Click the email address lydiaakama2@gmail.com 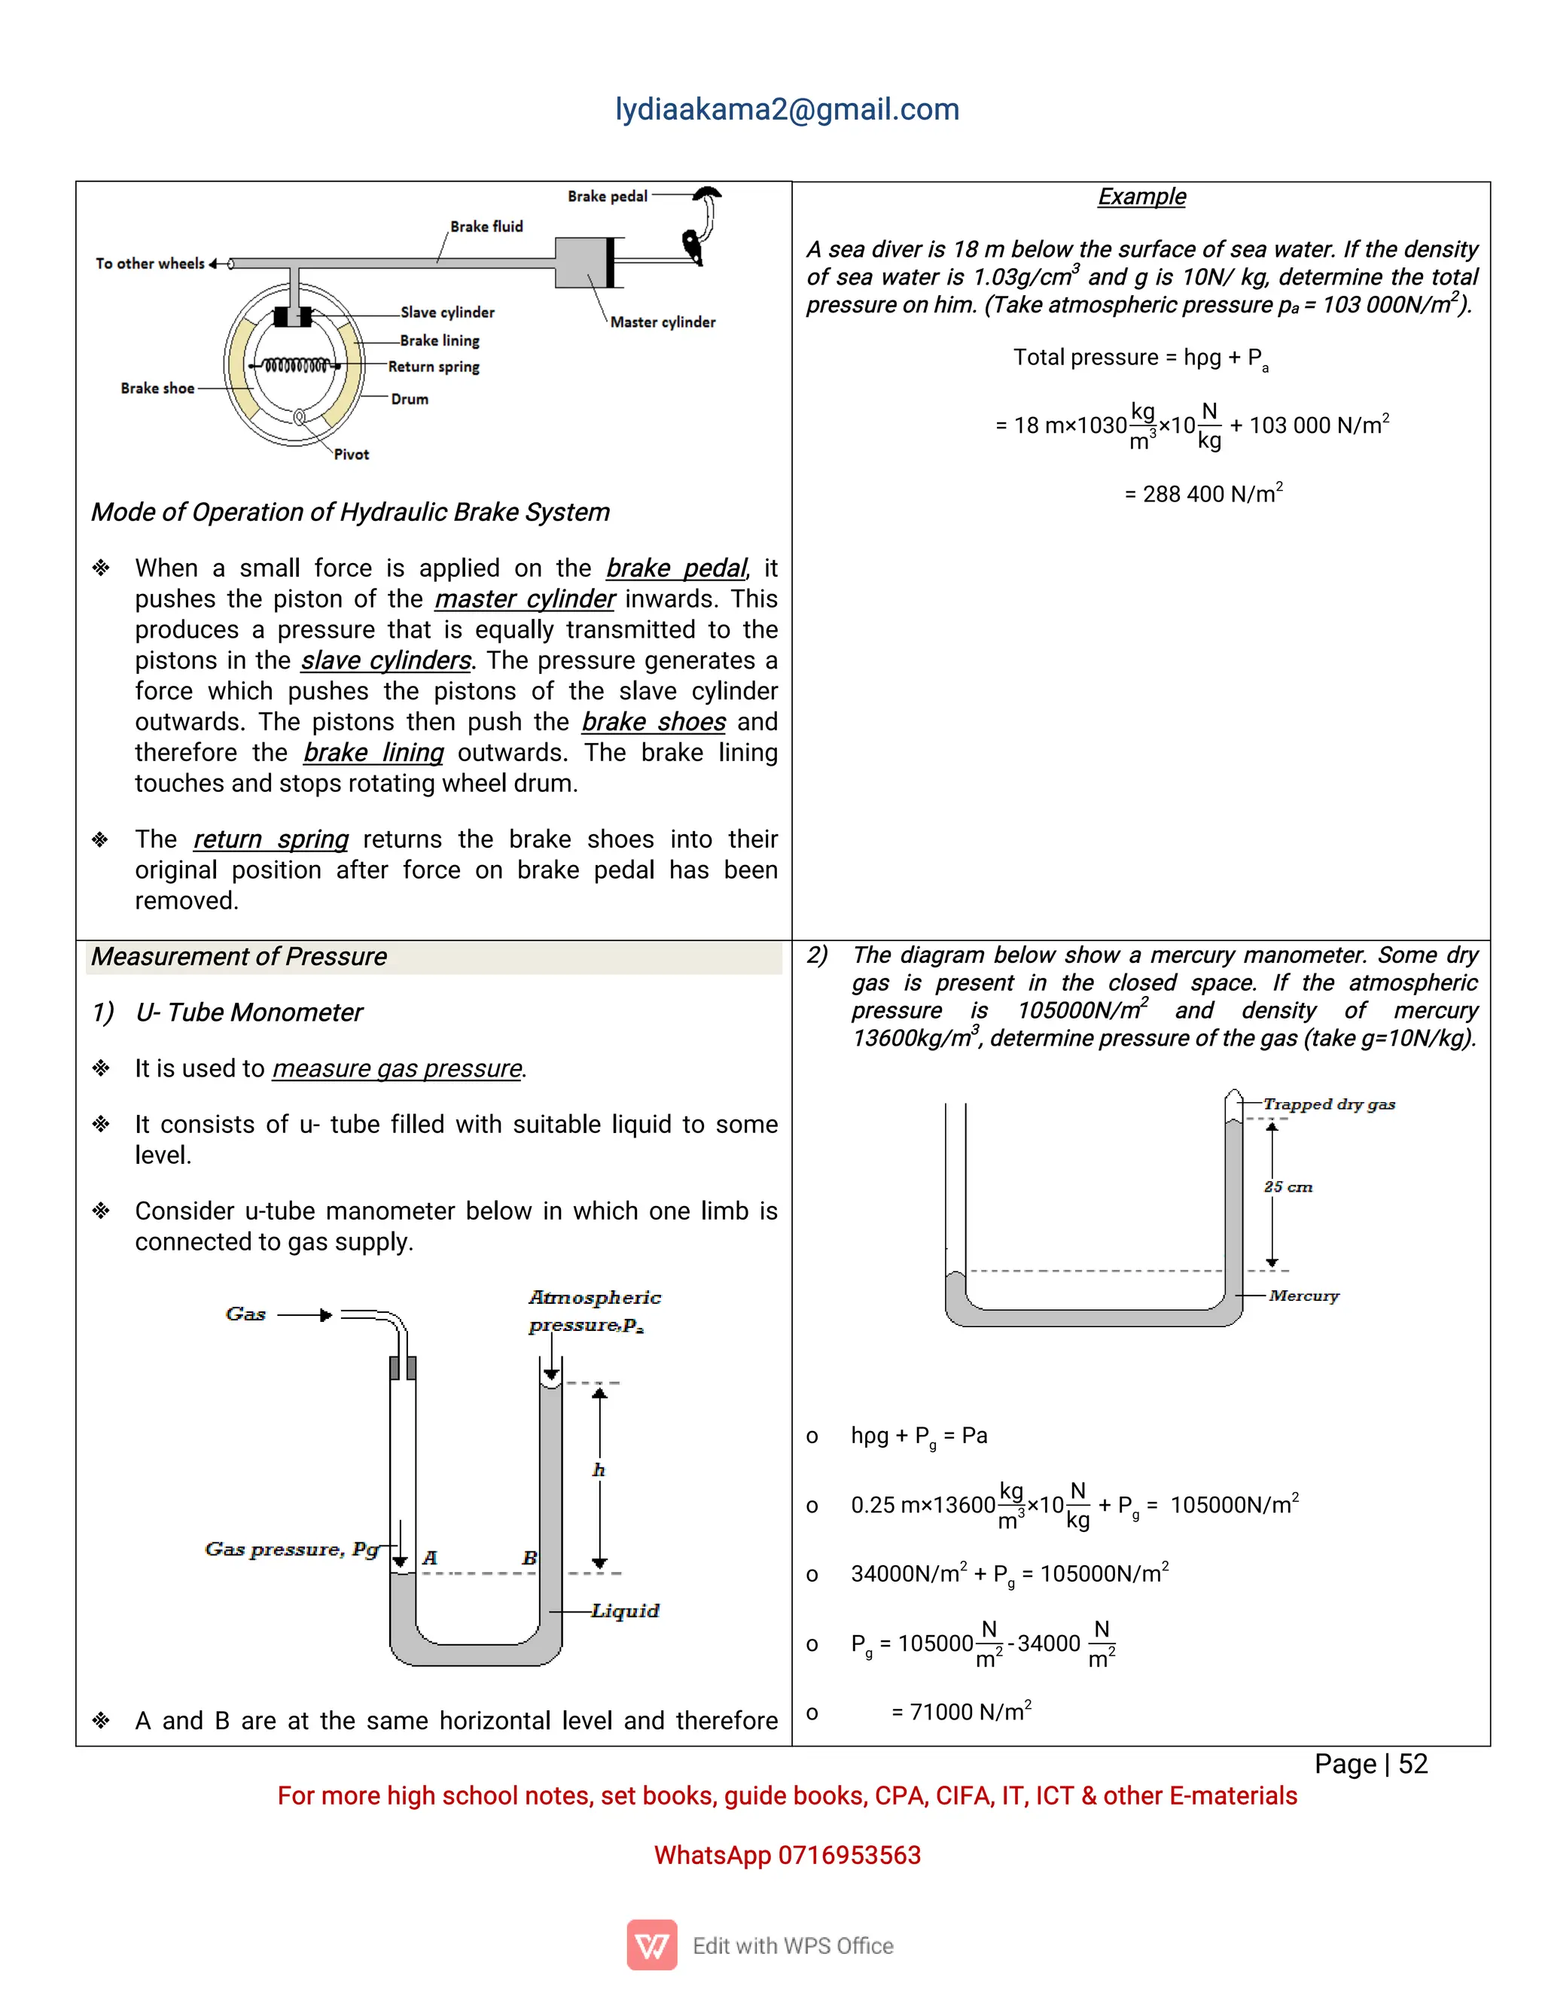tap(787, 110)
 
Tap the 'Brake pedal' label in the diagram tap(607, 196)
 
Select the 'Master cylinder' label tap(663, 321)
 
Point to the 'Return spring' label tap(433, 367)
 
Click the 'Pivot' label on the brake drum tap(351, 454)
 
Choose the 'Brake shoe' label tap(157, 388)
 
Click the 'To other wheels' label tap(150, 263)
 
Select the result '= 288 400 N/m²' tap(1203, 494)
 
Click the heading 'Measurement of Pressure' tap(239, 956)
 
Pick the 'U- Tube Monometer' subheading tap(248, 1012)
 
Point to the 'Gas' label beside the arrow tap(245, 1314)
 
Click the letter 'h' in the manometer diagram tap(599, 1470)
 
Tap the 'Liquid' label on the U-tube tap(625, 1610)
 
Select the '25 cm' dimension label tap(1288, 1186)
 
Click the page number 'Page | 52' tap(1370, 1764)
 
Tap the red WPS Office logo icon tap(651, 1945)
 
